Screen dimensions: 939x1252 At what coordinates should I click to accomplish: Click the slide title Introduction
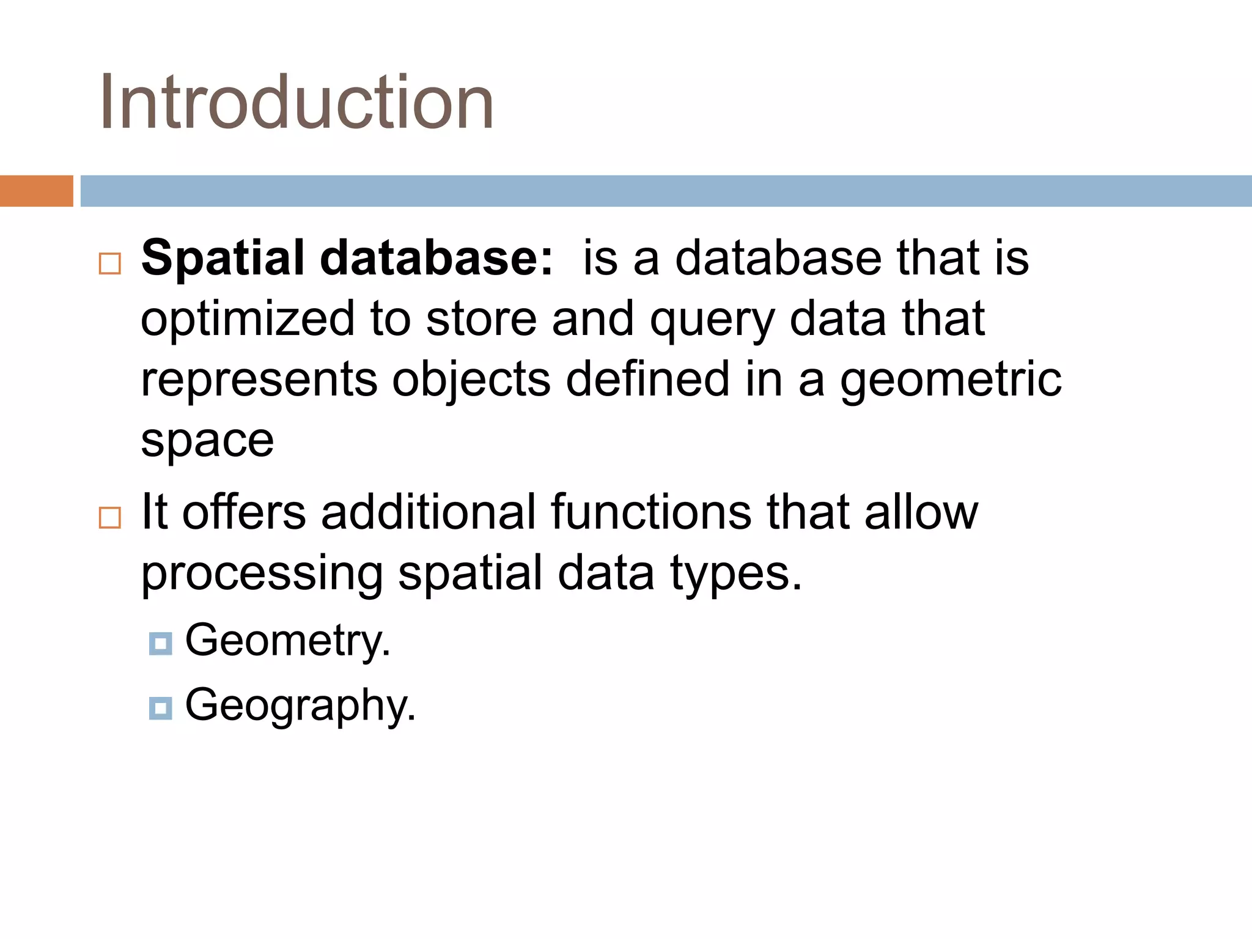[x=297, y=102]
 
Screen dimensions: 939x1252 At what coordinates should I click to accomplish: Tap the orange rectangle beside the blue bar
[x=36, y=191]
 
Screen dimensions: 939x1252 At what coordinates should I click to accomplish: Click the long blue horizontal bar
[x=666, y=191]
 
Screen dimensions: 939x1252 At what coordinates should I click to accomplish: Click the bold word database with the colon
[x=436, y=258]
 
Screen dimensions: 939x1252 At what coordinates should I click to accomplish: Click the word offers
[x=244, y=512]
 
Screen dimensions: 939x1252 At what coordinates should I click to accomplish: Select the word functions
[x=651, y=512]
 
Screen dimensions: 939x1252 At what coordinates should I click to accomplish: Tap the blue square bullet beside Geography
[x=160, y=708]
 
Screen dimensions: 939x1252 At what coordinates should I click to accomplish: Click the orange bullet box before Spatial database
[x=110, y=263]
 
